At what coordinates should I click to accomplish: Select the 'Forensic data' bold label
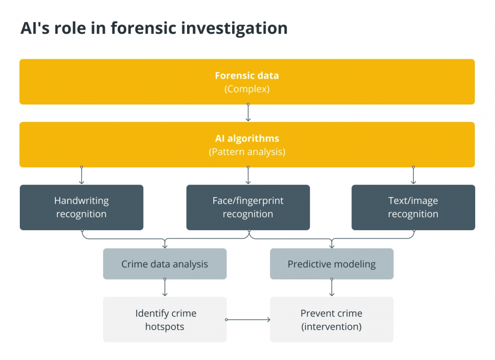point(247,75)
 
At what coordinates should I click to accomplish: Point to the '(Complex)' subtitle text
point(247,89)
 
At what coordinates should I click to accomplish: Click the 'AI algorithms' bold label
point(247,138)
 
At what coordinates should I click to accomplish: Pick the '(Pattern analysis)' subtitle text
point(247,152)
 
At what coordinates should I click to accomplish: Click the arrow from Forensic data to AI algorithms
point(248,112)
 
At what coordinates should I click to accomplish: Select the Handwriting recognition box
point(82,207)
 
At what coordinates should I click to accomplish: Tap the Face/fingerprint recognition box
point(248,207)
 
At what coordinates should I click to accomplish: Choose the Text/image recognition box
point(413,207)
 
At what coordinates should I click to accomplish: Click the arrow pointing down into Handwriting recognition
point(82,175)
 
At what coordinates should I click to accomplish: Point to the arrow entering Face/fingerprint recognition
point(248,175)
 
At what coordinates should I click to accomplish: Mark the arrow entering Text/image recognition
point(413,175)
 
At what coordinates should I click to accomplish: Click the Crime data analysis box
point(165,263)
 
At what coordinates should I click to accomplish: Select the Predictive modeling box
point(332,263)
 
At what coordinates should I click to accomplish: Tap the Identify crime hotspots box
point(165,319)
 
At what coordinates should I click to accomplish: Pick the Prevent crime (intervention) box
point(332,319)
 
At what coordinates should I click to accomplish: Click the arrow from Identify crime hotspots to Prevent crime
point(248,319)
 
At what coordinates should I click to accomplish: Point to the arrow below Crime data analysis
point(165,287)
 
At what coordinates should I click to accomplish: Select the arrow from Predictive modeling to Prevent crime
point(332,287)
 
